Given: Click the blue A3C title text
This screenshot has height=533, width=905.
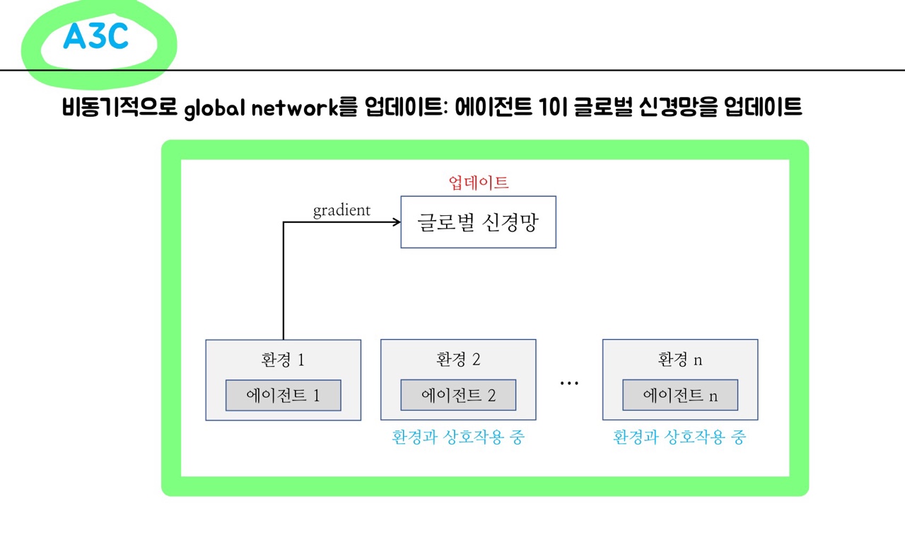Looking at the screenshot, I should pos(96,37).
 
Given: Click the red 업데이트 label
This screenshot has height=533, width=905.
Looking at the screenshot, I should pos(479,182).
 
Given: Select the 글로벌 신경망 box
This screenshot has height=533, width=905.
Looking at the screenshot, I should pos(478,222).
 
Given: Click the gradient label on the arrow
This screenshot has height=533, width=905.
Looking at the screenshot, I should pos(341,210).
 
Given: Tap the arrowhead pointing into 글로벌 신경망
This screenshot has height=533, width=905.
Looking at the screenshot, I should pos(396,222).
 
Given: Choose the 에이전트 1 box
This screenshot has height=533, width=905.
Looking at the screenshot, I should pos(283,396).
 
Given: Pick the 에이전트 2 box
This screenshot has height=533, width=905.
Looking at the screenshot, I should pos(458,395).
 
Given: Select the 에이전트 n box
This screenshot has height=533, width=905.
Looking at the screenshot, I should pos(680,395).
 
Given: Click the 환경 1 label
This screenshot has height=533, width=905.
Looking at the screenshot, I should pos(283,360).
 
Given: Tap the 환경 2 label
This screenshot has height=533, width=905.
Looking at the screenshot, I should pos(458,360).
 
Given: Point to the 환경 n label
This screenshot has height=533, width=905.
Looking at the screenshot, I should pos(680,360).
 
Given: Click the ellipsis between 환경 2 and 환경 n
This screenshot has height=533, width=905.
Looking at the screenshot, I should pos(569,383).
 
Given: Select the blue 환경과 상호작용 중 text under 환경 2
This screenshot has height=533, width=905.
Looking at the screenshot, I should pos(458,437).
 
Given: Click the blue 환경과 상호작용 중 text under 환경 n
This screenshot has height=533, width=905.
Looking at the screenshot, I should pos(679,437).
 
